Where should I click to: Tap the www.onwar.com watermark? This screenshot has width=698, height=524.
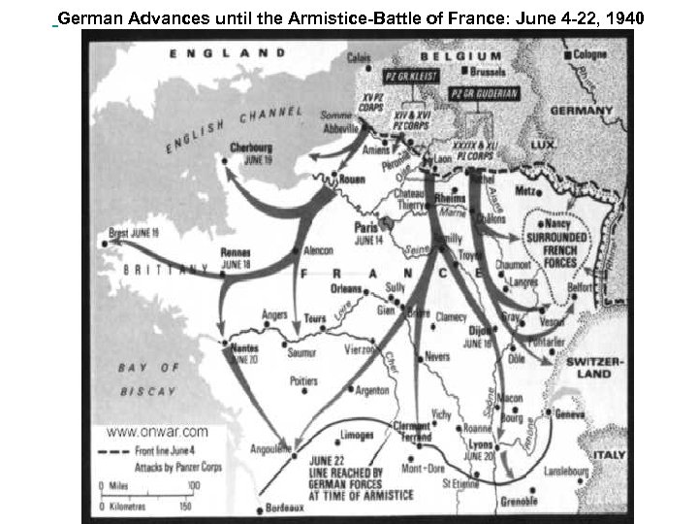click(156, 432)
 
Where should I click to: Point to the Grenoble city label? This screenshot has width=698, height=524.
click(520, 501)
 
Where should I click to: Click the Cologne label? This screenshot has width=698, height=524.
click(587, 55)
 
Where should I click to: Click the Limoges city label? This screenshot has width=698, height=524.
click(358, 435)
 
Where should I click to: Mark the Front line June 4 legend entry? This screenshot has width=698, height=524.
click(164, 451)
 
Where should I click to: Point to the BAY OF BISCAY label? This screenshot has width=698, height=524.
click(147, 379)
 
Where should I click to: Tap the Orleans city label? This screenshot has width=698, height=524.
click(346, 288)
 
